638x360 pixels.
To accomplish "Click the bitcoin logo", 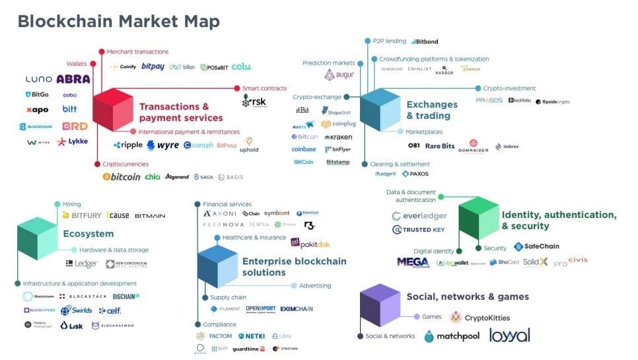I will [122, 177].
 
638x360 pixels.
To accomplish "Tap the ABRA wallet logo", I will [73, 79].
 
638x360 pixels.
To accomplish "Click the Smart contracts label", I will [264, 89].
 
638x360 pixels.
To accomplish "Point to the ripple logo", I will [127, 145].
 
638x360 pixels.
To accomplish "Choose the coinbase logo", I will [304, 149].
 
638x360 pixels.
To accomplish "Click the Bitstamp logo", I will [337, 162].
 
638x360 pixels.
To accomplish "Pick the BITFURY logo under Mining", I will [82, 215].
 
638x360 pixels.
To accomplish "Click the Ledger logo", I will [81, 264].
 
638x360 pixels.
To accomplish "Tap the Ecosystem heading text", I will [89, 234].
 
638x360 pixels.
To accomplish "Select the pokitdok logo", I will [310, 244].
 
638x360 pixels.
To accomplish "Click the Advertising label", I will [315, 286].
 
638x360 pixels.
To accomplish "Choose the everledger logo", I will [419, 216].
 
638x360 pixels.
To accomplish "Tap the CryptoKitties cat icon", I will [456, 318].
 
